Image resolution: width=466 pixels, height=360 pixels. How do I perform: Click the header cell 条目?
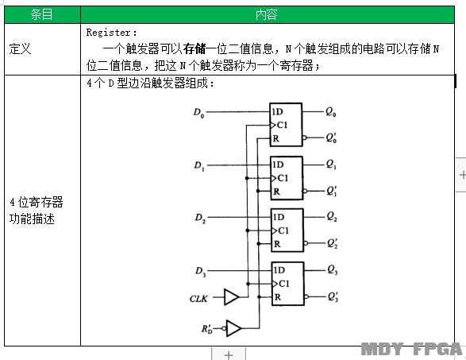[42, 14]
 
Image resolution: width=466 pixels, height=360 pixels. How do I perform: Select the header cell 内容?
[268, 14]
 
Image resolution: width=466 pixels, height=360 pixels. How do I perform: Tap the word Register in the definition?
[108, 33]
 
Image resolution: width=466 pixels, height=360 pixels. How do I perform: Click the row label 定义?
[20, 48]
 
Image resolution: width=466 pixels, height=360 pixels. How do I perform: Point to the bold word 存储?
[194, 48]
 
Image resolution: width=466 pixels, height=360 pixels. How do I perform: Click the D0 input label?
[198, 113]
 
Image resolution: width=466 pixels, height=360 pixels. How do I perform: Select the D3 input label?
[201, 272]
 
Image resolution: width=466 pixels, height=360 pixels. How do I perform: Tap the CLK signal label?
[198, 299]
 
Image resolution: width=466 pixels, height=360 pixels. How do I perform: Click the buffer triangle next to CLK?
[232, 297]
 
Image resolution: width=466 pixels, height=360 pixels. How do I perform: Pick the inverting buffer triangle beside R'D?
[233, 328]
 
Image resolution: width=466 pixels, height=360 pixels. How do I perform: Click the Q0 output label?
[330, 112]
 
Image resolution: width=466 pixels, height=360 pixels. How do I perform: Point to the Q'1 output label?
[331, 191]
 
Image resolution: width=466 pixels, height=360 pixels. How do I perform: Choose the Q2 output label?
[332, 216]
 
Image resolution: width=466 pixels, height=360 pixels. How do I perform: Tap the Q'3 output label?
[333, 296]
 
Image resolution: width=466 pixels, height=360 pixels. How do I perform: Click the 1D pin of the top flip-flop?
[277, 111]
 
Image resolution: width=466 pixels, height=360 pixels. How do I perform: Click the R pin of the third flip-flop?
[277, 244]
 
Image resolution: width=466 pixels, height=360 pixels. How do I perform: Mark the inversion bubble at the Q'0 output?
[304, 137]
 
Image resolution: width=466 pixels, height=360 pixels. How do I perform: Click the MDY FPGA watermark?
[412, 349]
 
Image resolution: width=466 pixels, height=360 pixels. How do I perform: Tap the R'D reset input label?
[207, 329]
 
